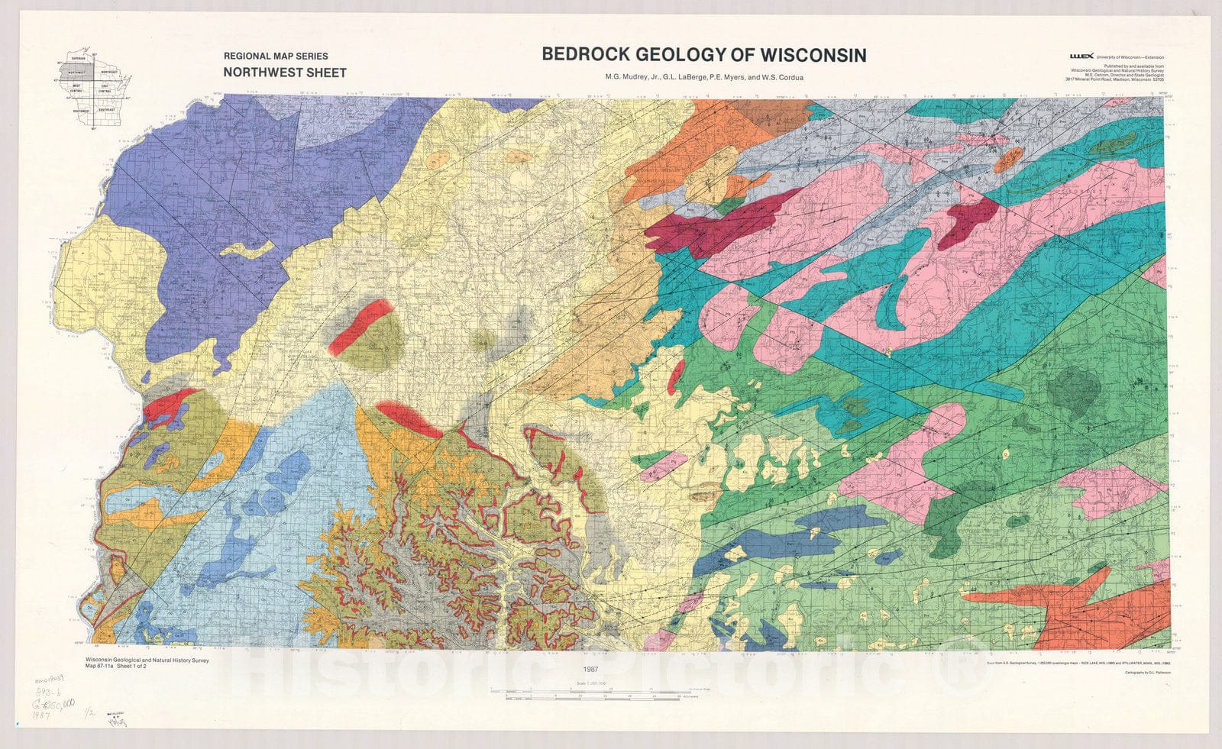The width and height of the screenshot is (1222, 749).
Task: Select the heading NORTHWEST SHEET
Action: point(285,73)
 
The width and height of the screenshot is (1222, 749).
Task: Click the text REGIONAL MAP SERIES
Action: point(276,56)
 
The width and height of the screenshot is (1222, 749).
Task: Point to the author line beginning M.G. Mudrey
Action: point(703,77)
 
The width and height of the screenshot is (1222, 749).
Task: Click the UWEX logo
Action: point(1081,56)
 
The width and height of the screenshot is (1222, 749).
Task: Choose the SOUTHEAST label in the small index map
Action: point(108,109)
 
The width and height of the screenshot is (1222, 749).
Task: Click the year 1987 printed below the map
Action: point(588,669)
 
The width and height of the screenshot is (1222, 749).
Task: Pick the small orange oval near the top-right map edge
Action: point(1009,158)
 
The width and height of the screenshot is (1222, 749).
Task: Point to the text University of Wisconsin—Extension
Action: point(1130,56)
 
